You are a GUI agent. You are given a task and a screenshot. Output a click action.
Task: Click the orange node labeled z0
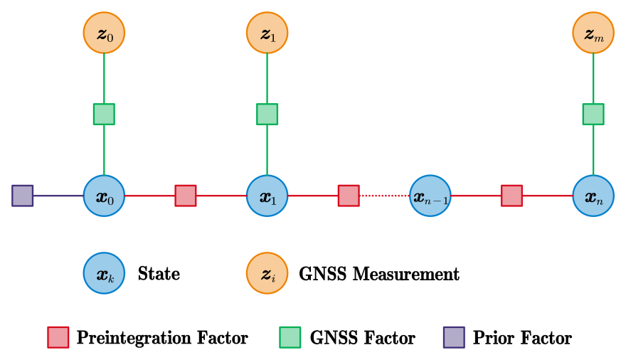point(104,33)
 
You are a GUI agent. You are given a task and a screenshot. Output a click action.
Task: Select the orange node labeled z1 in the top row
point(267,33)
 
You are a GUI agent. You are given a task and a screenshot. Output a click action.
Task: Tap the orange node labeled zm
point(593,33)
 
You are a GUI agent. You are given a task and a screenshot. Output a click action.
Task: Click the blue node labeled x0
point(104,196)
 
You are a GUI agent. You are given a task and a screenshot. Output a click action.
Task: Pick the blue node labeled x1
point(267,196)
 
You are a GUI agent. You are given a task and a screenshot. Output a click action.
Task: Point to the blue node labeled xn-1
point(430,196)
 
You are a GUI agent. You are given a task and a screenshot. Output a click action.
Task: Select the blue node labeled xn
point(593,196)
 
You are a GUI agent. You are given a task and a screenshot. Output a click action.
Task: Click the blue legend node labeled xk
point(104,272)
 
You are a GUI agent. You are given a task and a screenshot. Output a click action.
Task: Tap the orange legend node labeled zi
point(267,272)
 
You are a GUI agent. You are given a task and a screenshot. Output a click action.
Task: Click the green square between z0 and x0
point(104,114)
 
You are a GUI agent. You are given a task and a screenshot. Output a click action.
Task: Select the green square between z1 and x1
point(267,114)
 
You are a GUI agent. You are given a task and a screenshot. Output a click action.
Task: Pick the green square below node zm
point(593,114)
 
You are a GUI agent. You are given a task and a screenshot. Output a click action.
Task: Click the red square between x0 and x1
point(186,196)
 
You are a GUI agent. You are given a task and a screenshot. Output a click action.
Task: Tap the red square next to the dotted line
point(349,196)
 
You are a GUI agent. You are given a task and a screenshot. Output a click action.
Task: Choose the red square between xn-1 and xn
point(511,196)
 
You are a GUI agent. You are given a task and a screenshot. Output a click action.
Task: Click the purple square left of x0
point(23,196)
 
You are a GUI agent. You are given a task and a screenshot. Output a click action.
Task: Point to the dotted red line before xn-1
point(384,196)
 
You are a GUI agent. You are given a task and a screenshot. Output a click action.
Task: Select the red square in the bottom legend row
point(58,337)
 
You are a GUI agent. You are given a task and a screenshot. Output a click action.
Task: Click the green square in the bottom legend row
point(290,337)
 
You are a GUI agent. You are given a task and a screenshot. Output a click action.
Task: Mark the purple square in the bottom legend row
point(454,337)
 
